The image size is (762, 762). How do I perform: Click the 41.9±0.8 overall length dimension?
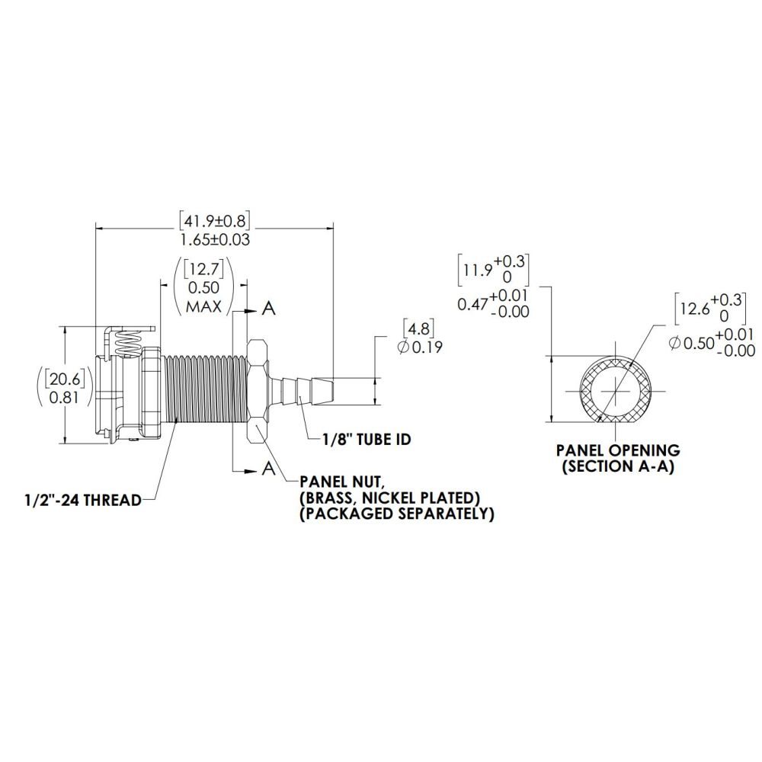(215, 221)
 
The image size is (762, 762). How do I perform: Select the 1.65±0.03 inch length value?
(215, 239)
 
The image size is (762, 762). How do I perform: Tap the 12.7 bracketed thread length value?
(203, 270)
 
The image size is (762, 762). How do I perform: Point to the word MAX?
(203, 306)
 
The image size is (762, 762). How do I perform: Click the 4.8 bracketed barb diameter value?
(418, 330)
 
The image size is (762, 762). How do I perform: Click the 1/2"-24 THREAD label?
(82, 500)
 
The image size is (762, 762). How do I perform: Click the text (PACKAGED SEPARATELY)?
(396, 514)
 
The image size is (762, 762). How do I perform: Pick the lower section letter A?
(268, 469)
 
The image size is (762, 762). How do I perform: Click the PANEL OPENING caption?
(617, 450)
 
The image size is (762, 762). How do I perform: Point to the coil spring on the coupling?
(130, 342)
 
